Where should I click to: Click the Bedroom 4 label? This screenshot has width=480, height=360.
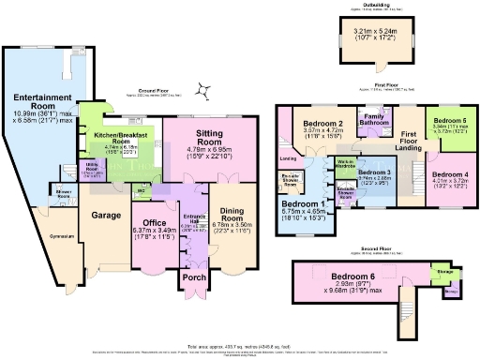tap(450, 174)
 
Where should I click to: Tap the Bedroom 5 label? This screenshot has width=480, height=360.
tap(449, 122)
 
